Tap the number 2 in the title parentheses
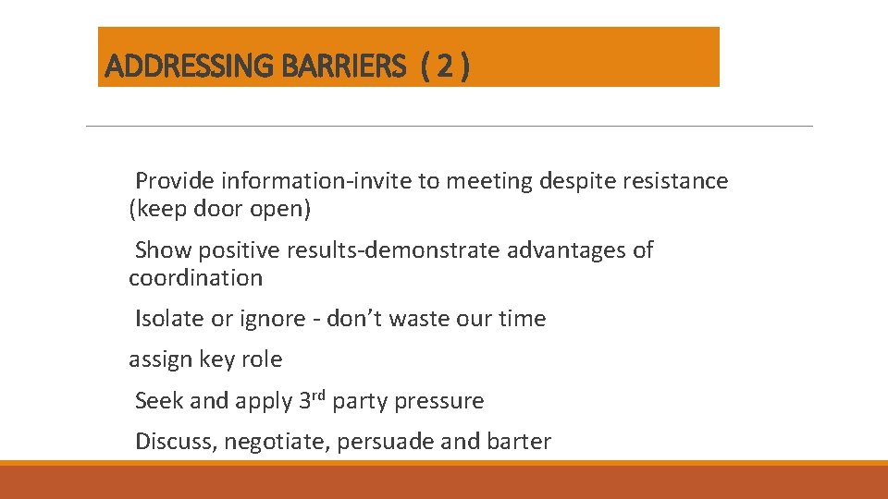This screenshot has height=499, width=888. pyautogui.click(x=445, y=67)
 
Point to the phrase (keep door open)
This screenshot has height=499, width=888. pyautogui.click(x=220, y=209)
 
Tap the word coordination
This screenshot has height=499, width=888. pyautogui.click(x=195, y=278)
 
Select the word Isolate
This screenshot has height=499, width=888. pyautogui.click(x=170, y=319)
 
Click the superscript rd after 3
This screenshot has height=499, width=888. pyautogui.click(x=319, y=396)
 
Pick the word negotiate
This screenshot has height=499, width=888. pyautogui.click(x=277, y=442)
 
